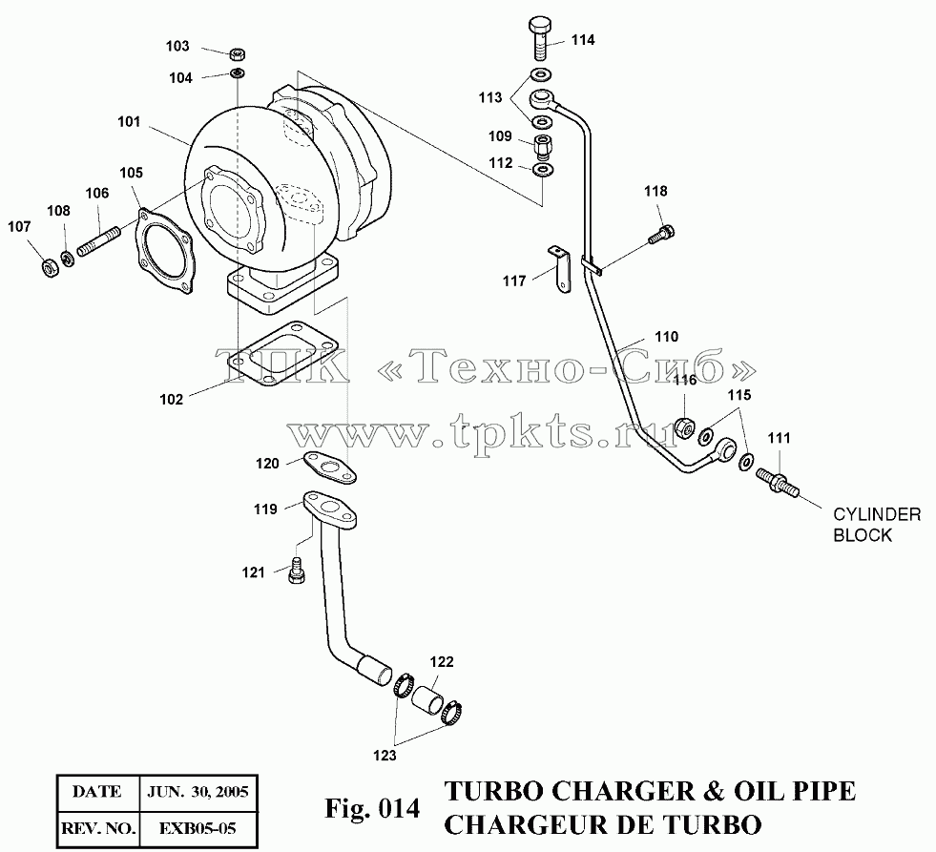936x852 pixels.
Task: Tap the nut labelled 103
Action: (237, 54)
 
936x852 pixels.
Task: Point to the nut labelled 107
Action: (51, 269)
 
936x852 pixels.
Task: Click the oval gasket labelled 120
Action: (329, 468)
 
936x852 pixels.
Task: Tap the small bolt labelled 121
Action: (296, 571)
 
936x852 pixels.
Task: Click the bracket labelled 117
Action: (560, 270)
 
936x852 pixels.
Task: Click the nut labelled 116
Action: (685, 426)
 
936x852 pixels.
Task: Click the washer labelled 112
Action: (541, 170)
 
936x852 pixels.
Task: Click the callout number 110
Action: (666, 337)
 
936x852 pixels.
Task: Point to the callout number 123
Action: (385, 756)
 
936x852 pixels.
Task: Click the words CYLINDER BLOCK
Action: (876, 525)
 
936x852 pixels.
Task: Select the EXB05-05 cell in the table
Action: (198, 829)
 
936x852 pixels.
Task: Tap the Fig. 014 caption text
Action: (372, 808)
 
